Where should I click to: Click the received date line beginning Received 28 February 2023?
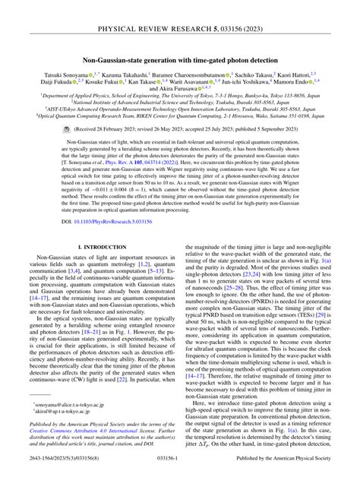click(187, 130)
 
